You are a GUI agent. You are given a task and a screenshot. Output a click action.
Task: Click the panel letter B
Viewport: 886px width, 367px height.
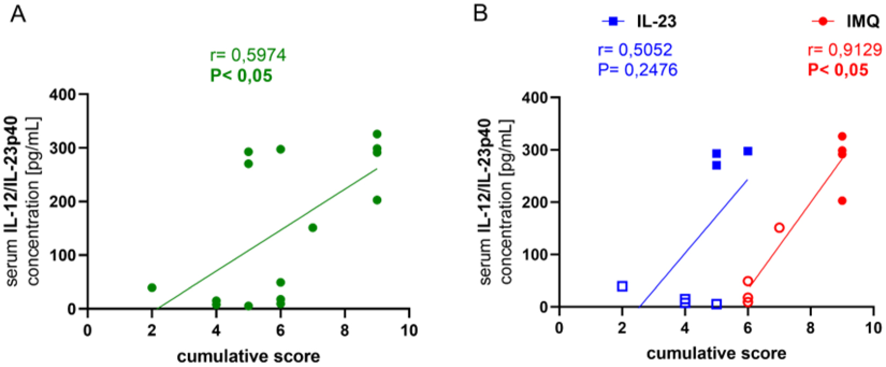pyautogui.click(x=481, y=13)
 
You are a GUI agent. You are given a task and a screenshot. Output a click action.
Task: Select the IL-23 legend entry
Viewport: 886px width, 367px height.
pyautogui.click(x=640, y=21)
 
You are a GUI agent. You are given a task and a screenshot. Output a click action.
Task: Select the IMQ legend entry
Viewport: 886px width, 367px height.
pyautogui.click(x=846, y=21)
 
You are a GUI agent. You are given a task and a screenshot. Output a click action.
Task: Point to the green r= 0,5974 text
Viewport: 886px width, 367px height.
pyautogui.click(x=248, y=55)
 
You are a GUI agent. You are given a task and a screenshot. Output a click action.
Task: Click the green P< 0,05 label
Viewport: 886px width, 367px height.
pyautogui.click(x=241, y=75)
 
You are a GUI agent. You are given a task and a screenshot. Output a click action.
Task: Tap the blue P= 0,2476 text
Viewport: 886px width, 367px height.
pyautogui.click(x=637, y=70)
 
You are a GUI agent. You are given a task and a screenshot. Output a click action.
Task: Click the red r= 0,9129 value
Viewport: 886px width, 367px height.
pyautogui.click(x=845, y=50)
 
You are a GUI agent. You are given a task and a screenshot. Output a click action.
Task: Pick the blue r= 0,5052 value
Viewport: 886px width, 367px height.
pyautogui.click(x=635, y=50)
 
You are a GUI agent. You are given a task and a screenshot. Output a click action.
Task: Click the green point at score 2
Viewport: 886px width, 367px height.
pyautogui.click(x=152, y=287)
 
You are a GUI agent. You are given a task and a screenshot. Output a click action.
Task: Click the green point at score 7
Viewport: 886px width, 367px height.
pyautogui.click(x=313, y=228)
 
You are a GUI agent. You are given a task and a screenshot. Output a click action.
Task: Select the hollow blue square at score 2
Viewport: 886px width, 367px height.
pyautogui.click(x=622, y=286)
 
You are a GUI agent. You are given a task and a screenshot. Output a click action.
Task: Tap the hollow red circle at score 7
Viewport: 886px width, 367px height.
pyautogui.click(x=779, y=228)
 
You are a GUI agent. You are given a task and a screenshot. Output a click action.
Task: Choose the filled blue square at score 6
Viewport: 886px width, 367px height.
pyautogui.click(x=747, y=151)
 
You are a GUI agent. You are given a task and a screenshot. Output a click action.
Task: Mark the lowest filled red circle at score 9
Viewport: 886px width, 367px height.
pyautogui.click(x=842, y=200)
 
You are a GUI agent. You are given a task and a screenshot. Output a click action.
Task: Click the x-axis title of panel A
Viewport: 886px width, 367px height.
pyautogui.click(x=248, y=356)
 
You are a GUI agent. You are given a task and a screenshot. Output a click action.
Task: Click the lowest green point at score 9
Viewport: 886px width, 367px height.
pyautogui.click(x=377, y=200)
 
